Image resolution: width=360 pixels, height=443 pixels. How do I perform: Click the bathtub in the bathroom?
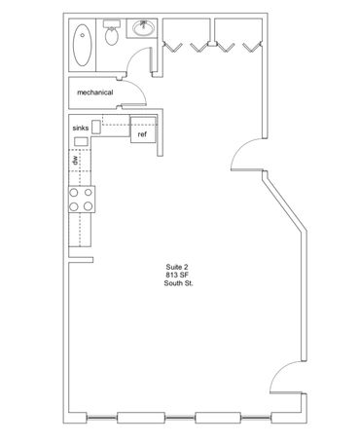82,45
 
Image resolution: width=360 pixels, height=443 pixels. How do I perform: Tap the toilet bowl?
112,36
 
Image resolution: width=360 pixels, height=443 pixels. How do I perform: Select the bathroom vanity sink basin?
143,28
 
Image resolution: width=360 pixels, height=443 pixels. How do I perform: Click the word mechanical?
95,92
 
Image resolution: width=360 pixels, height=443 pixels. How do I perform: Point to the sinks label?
81,129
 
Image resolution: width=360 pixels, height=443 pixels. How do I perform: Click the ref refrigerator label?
142,134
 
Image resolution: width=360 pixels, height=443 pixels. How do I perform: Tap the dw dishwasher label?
75,160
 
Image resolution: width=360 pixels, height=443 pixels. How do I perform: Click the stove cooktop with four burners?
82,200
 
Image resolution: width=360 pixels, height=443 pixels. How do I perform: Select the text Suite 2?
177,267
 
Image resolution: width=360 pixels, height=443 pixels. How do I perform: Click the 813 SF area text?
177,276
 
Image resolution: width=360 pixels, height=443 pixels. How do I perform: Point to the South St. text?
178,283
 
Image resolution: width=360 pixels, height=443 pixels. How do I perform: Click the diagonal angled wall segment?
284,203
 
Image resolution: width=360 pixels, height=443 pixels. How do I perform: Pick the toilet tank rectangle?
112,23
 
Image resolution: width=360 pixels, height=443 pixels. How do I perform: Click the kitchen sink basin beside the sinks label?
96,127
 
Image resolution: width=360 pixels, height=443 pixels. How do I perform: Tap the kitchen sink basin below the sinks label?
81,141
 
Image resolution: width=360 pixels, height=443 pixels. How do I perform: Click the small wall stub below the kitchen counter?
81,260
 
